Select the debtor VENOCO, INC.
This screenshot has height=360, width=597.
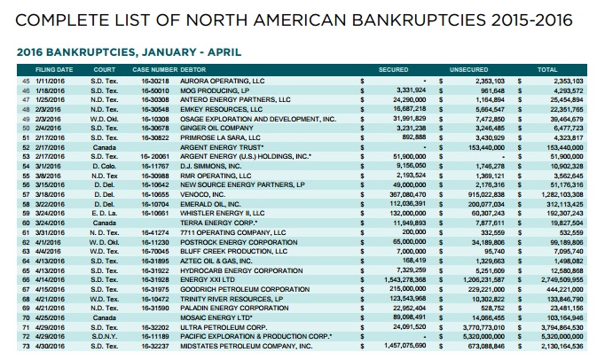[199, 193]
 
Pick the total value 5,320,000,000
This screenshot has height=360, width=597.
[559, 338]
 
